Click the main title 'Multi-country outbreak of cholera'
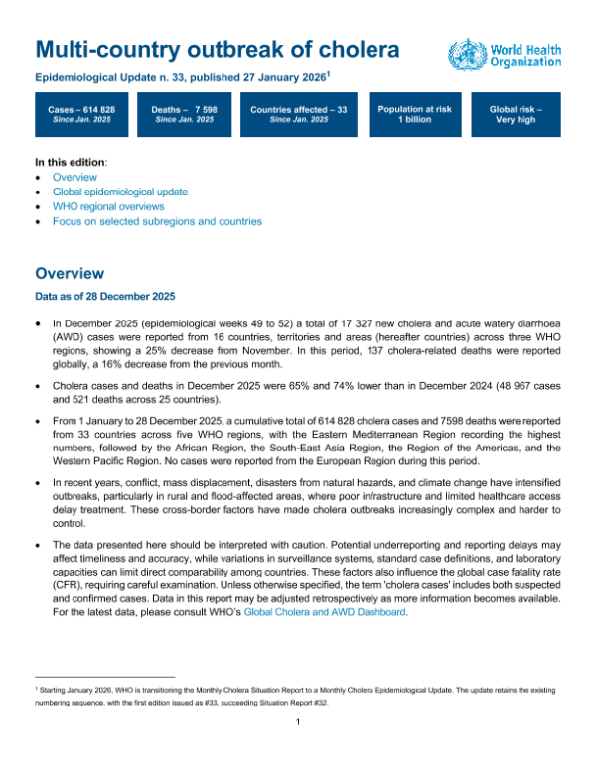(219, 50)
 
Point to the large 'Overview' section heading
(69, 273)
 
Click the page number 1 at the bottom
(298, 749)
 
